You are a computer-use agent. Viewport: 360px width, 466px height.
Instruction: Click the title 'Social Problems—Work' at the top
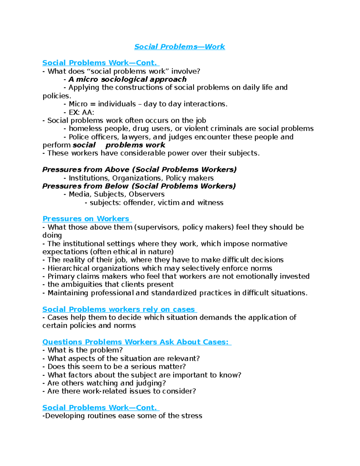179,47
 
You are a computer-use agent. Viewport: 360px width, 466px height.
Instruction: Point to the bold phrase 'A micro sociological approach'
127,80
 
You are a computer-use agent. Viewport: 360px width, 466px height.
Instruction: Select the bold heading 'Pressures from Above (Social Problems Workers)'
139,170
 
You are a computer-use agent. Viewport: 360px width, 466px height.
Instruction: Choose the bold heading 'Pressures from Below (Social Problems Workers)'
139,186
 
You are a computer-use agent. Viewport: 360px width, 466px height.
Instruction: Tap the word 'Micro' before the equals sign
78,104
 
